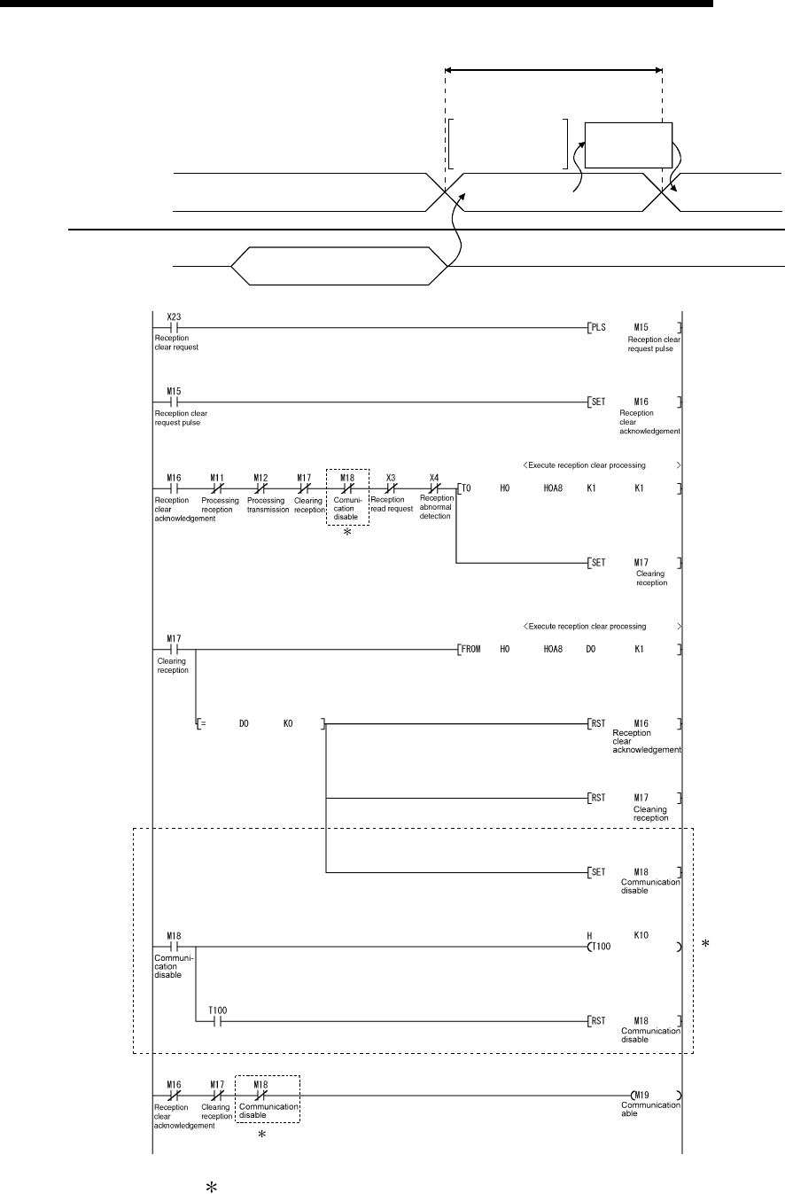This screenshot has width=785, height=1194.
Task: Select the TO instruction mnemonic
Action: coord(466,488)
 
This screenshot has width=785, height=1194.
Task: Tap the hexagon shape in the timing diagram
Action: coord(338,265)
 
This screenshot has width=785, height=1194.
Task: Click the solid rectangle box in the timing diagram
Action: coord(628,144)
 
